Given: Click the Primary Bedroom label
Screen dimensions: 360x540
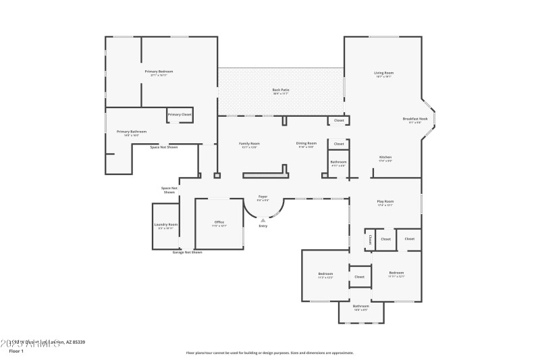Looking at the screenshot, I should coord(159,72).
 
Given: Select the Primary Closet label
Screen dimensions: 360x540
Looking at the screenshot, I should coord(180,115).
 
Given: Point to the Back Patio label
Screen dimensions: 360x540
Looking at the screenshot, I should coord(281,90).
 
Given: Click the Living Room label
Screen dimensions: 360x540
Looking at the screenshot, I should coord(384,73).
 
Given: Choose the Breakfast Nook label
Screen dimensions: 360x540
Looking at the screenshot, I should coord(412,119).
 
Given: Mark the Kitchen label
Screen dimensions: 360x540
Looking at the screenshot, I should coord(385,157).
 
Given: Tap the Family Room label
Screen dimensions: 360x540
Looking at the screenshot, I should coord(249,143).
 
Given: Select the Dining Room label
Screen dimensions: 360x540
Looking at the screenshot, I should coord(306,143).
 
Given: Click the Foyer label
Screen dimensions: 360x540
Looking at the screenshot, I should coord(263,197).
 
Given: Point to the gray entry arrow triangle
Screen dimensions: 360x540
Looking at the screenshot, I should coord(263,219).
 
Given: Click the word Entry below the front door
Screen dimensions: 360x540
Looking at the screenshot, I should coord(263,226).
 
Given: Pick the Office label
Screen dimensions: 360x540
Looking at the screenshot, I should coord(219,222).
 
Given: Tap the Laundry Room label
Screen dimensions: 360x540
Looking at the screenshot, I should coord(165,224).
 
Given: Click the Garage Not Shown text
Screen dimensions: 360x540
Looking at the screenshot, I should coord(187,252).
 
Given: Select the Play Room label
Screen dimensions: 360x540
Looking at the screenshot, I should coord(385,201).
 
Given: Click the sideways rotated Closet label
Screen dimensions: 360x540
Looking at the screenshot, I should coord(370,239).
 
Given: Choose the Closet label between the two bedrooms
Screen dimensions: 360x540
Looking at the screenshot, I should coord(359,276).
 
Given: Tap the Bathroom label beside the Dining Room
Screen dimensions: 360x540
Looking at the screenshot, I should coord(338,162).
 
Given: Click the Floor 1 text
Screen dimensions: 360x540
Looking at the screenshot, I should coord(16,351).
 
